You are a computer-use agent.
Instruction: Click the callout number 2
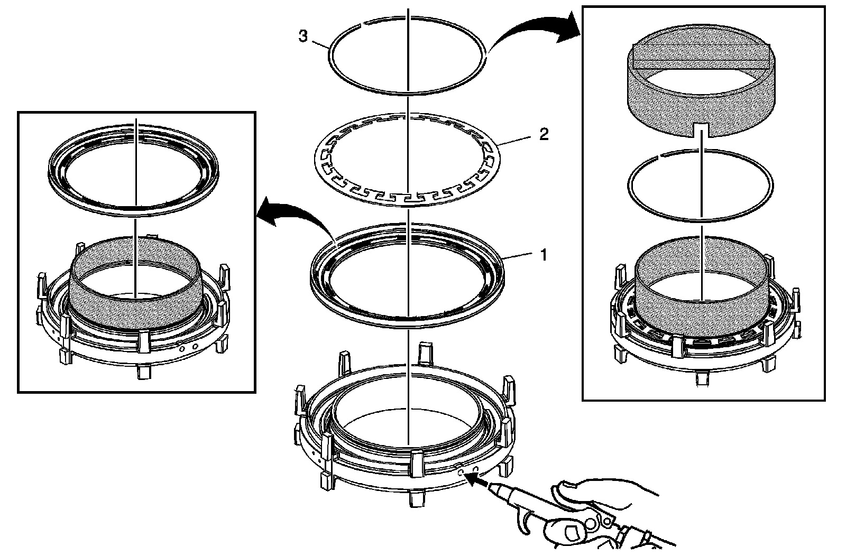tap(543, 134)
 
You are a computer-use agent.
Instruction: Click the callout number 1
tap(543, 256)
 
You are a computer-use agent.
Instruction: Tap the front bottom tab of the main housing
tap(415, 498)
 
